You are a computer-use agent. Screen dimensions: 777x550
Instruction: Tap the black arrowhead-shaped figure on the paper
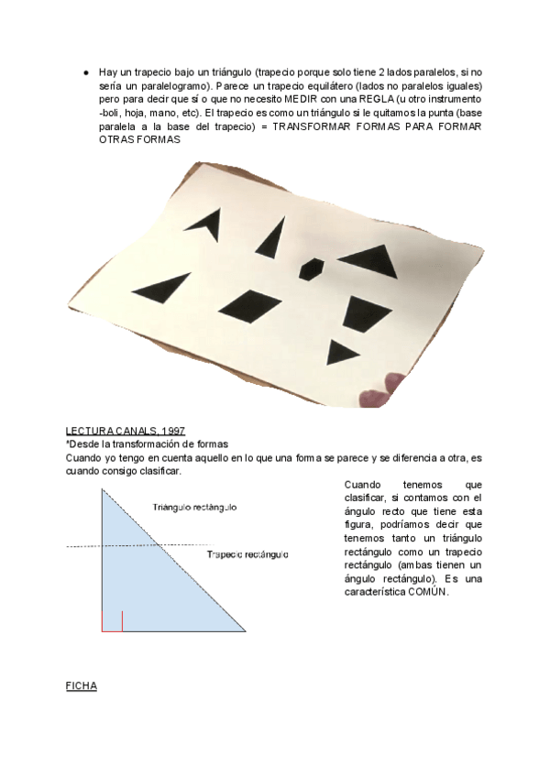tap(204, 223)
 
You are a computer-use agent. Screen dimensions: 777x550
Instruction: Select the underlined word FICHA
tap(81, 685)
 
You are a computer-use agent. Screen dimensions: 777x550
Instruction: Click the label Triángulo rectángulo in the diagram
tap(195, 507)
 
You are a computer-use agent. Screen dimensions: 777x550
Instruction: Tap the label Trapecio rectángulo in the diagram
tap(247, 554)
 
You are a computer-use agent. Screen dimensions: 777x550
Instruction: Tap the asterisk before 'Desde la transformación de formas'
tap(68, 443)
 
